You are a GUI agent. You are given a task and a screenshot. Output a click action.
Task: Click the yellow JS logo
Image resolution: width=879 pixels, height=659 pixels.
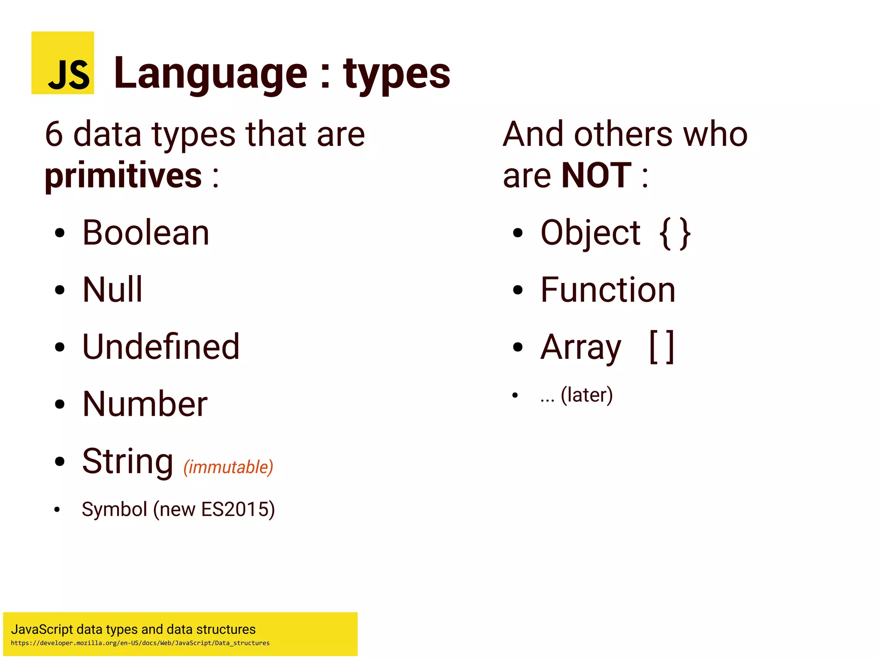coord(63,63)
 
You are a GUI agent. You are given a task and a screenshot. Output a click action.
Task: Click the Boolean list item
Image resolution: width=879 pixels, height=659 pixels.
coord(146,233)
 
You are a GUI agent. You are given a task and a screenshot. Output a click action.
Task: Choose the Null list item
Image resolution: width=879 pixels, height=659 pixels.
coord(112,290)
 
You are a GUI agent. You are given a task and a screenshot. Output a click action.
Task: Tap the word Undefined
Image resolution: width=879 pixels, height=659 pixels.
coord(161,347)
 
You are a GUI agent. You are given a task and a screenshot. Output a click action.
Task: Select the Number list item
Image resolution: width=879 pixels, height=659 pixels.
coord(145,404)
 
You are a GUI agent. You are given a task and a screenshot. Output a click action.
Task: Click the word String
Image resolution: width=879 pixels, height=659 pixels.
coord(127,461)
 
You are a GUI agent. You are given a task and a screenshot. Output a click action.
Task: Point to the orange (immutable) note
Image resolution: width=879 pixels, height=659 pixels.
coord(228,467)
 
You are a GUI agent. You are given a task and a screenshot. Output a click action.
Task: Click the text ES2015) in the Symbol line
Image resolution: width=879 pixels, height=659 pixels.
coord(238,510)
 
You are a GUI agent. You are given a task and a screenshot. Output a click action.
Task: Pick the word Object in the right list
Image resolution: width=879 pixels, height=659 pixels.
coord(590,233)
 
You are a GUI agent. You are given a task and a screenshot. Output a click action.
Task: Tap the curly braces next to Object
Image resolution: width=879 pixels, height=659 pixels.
coord(675,234)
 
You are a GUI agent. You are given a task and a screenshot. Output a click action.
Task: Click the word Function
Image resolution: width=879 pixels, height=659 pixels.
coord(608,290)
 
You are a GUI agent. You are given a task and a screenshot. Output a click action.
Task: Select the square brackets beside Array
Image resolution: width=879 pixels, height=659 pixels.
coord(661,347)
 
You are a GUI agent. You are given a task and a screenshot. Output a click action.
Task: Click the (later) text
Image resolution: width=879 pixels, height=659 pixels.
coord(587,395)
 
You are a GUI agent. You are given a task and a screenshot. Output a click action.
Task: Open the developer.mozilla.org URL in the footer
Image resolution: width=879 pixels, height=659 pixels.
coord(140,643)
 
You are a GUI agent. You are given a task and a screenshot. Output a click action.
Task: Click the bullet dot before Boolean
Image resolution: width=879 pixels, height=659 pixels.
coord(60,233)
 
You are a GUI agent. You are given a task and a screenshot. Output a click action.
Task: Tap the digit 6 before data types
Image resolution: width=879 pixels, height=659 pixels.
coord(54,134)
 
